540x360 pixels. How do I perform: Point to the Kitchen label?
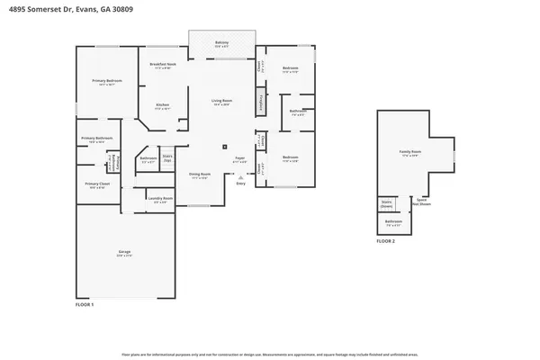163,106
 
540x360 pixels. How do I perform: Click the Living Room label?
220,101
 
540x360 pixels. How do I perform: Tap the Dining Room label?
199,175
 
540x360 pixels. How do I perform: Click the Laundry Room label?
161,200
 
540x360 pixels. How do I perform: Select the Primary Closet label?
97,184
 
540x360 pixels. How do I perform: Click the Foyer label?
240,158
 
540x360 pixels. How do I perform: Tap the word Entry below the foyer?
240,184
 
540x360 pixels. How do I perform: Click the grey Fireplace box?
262,102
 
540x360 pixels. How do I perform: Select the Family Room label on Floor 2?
409,152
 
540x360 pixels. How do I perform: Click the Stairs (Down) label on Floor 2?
386,203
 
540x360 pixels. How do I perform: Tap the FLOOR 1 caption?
83,305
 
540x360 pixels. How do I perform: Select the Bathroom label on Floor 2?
393,222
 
